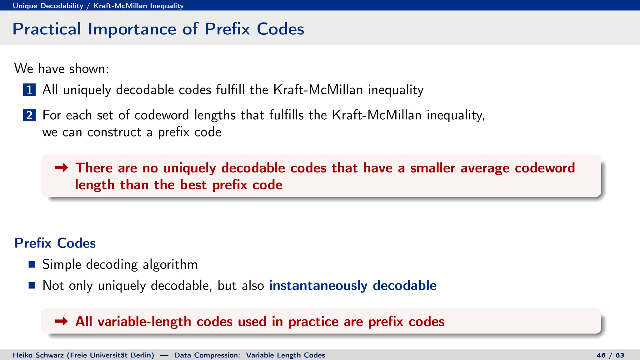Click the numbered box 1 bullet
29,90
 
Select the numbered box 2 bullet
29,115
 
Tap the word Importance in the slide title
132,29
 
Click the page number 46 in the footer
601,355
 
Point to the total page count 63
620,355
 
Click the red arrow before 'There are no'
61,168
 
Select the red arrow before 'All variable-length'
61,321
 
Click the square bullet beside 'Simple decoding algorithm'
32,264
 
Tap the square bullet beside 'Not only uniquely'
32,285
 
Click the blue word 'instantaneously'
318,286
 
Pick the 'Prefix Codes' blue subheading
55,243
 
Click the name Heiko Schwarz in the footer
38,355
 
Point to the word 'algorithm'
170,265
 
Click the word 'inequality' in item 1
396,90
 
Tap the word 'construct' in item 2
114,132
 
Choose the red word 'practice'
313,322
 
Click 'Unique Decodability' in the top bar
48,6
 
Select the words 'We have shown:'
62,69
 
